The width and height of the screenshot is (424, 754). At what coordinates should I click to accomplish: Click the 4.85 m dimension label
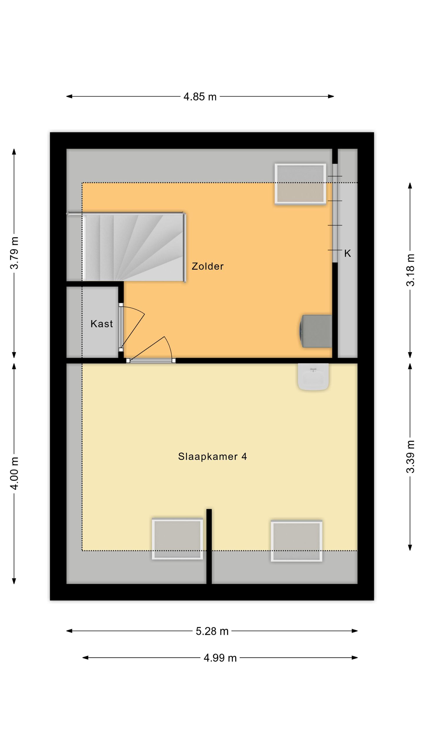[x=200, y=97]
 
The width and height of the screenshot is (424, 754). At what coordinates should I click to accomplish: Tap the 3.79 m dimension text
[x=14, y=253]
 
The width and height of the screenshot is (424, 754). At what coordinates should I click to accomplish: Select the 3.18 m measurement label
[x=410, y=270]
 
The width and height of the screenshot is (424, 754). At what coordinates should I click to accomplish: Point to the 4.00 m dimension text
[x=14, y=473]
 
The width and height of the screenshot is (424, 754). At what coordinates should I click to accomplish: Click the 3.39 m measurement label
[x=410, y=457]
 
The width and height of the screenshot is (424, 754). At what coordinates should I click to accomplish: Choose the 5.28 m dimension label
[x=212, y=631]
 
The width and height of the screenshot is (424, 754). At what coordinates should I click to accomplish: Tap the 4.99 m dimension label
[x=220, y=658]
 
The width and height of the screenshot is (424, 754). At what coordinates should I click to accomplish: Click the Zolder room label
[x=208, y=266]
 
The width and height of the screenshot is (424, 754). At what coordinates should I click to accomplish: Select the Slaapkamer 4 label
[x=212, y=457]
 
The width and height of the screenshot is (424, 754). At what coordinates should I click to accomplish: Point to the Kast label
[x=102, y=324]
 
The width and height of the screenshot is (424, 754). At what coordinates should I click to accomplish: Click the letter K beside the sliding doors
[x=347, y=253]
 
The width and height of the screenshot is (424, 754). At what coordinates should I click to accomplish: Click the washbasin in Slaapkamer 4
[x=313, y=377]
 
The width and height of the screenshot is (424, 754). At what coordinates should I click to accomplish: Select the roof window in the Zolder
[x=300, y=184]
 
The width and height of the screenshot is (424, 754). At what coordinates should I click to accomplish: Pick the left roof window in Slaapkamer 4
[x=177, y=539]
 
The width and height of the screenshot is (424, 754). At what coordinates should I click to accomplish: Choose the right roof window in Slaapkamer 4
[x=297, y=541]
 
